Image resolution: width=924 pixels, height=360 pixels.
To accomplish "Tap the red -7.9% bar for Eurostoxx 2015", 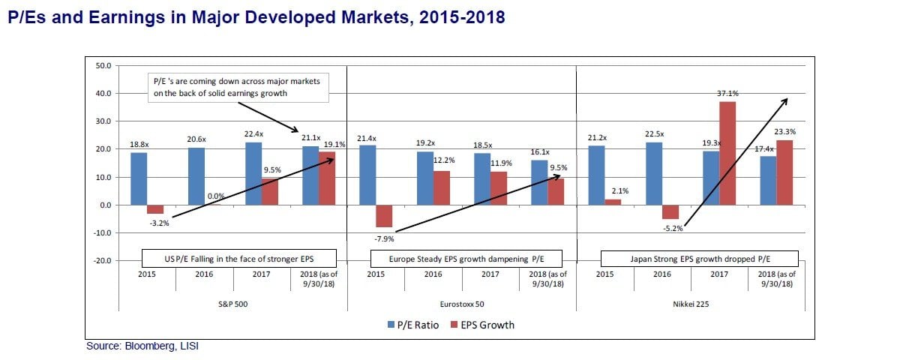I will pyautogui.click(x=385, y=216).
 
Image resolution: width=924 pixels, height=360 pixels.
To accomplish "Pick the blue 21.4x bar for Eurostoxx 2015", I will pyautogui.click(x=367, y=175).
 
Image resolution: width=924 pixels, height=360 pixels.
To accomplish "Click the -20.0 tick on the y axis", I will pyautogui.click(x=102, y=261).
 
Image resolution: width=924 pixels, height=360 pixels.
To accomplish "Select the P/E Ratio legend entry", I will pyautogui.click(x=414, y=325).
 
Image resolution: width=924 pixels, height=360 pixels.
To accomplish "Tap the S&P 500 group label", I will pyautogui.click(x=233, y=305).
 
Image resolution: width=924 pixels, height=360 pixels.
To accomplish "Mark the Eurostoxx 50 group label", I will pyautogui.click(x=461, y=305).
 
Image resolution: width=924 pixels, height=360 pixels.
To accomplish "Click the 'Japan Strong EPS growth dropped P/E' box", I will pyautogui.click(x=699, y=259).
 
